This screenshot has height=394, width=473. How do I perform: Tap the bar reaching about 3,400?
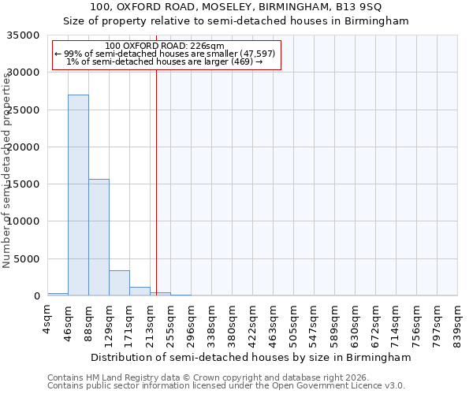point(119,283)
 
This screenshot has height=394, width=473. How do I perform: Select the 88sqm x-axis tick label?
point(89,320)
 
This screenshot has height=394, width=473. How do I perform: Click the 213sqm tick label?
point(151,322)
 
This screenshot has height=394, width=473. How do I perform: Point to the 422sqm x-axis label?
point(253,322)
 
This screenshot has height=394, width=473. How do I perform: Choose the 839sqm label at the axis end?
point(458,322)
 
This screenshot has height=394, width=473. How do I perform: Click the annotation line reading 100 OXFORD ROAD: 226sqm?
point(165,46)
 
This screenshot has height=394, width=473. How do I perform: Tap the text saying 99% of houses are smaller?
point(165,54)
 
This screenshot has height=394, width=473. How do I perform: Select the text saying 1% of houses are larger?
point(165,61)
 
